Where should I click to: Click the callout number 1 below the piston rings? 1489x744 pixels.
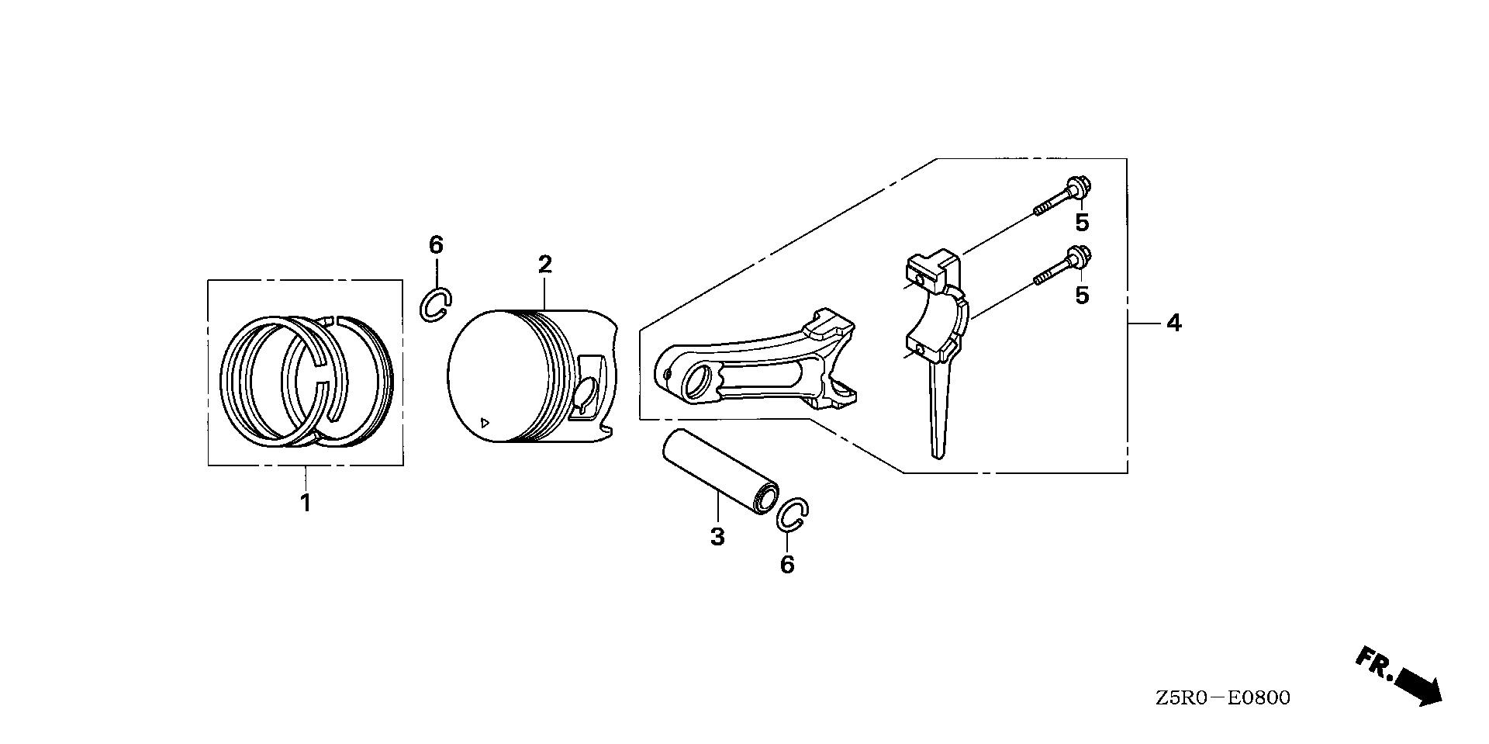306,503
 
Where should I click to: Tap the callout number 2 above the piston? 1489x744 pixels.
545,265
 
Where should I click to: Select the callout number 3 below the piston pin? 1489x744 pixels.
717,536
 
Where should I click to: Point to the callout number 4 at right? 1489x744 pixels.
1174,323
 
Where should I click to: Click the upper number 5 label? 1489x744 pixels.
1082,223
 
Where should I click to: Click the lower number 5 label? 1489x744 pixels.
1082,296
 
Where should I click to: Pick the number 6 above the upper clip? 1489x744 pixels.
436,245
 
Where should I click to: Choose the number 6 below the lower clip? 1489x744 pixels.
787,565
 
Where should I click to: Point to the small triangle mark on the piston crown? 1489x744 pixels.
485,423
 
